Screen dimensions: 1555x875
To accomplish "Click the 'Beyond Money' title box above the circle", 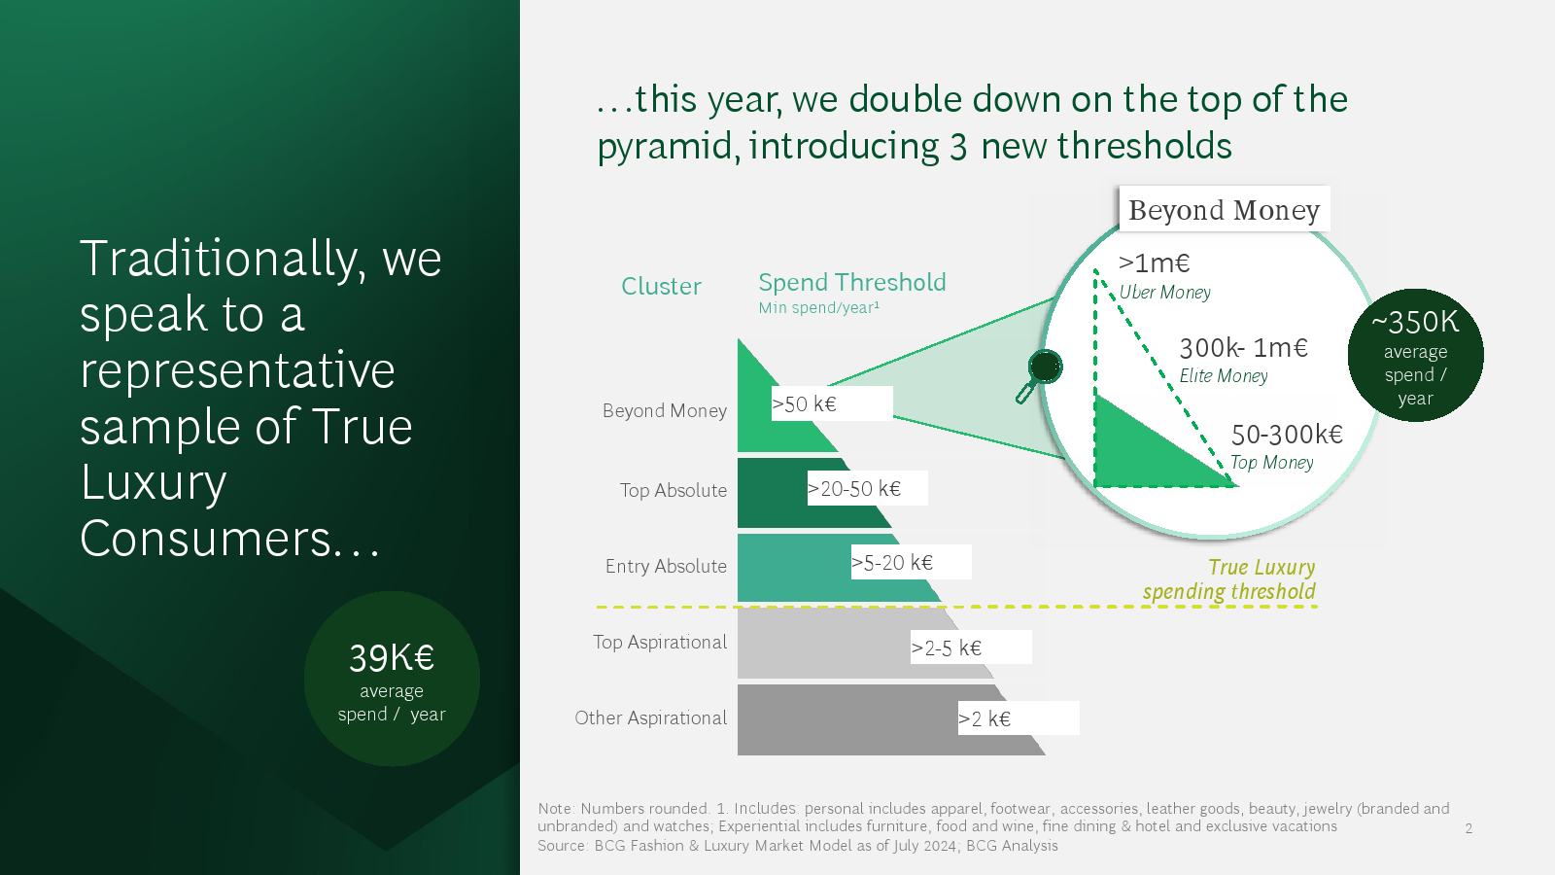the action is coord(1224,209).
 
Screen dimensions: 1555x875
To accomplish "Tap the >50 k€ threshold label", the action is coord(832,403).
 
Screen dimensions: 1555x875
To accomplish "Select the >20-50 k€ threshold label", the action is coord(867,488).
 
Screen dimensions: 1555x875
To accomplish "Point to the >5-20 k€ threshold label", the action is coord(911,562).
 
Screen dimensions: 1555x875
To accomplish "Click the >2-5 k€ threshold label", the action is coord(971,647).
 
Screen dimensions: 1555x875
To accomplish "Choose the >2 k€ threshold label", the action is coord(1019,718).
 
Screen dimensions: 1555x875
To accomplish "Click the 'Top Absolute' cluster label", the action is coord(674,490).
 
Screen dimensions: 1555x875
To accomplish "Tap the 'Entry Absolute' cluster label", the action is coord(666,567).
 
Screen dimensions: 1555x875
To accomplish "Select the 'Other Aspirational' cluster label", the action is coord(650,718).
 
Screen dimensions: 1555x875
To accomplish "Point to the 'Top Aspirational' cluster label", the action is coord(660,643).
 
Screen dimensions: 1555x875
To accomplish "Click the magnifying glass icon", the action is coord(1039,375).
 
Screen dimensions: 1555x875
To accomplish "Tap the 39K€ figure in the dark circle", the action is coord(392,657).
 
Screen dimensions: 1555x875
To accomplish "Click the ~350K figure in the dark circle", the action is coord(1415,322).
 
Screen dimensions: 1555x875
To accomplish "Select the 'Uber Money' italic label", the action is coord(1165,293).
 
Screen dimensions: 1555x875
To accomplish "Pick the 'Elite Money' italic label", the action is coord(1224,375).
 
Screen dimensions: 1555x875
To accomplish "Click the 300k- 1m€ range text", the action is coord(1243,348).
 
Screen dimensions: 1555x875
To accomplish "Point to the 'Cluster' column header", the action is coord(661,286).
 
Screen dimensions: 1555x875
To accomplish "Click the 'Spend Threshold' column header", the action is coord(851,283).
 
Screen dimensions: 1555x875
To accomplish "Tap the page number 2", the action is coord(1469,827).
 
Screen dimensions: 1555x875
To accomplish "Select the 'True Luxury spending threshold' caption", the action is coord(1228,579).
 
